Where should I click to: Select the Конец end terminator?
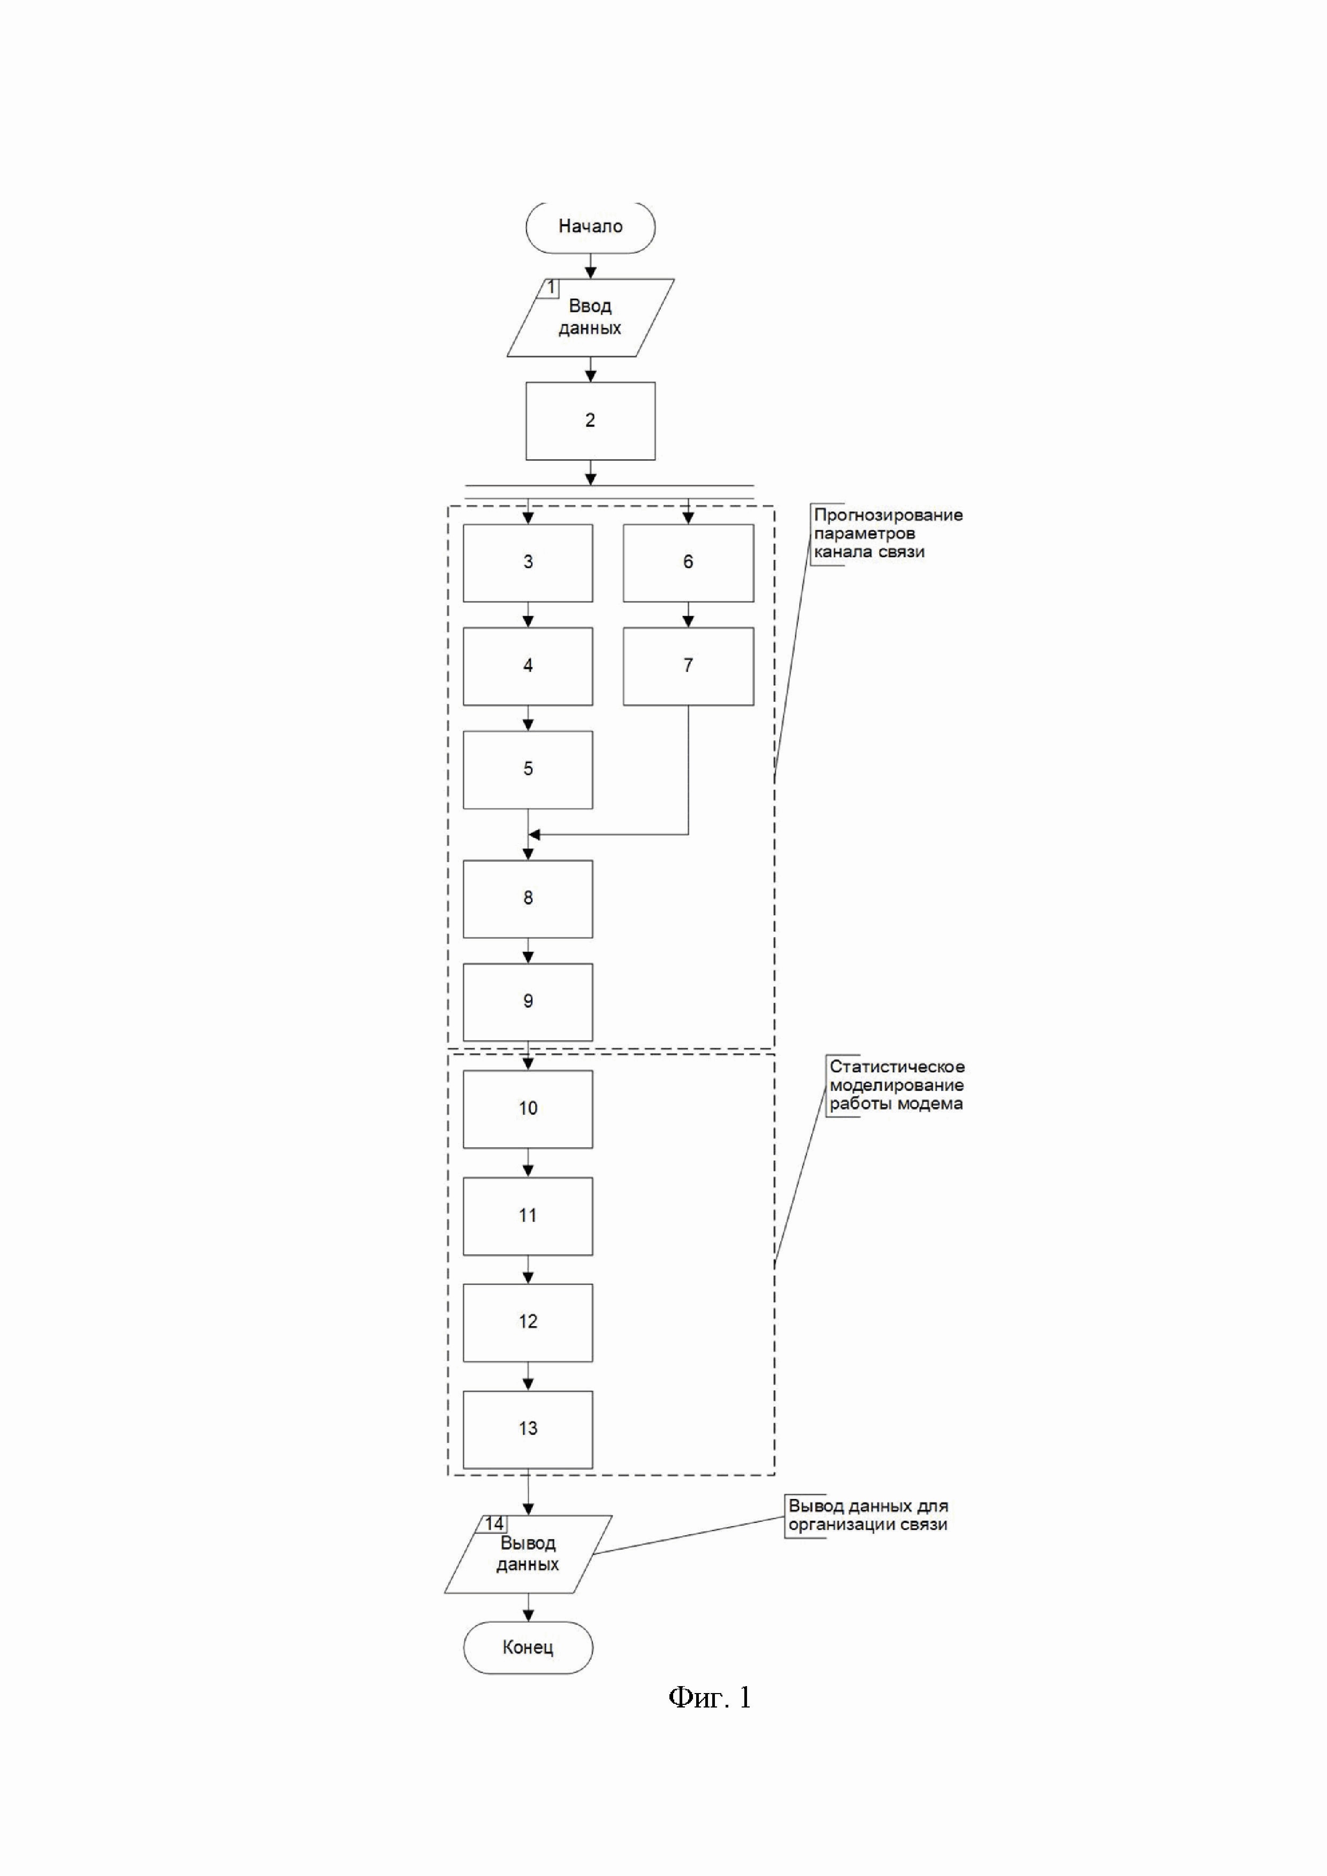click(x=528, y=1647)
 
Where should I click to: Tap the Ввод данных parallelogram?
click(x=590, y=318)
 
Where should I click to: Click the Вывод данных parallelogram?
click(x=528, y=1554)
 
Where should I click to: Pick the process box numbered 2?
click(x=590, y=421)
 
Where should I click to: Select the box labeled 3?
click(x=528, y=563)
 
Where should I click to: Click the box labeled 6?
click(x=688, y=563)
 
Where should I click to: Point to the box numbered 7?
click(x=688, y=666)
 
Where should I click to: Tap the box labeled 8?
click(x=528, y=899)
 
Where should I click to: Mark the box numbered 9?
click(x=528, y=1002)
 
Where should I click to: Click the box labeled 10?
click(x=528, y=1109)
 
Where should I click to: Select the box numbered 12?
click(x=528, y=1322)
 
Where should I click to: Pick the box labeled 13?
click(x=528, y=1429)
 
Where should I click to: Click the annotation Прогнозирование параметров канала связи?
click(x=887, y=533)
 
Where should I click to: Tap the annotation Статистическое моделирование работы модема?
click(x=896, y=1085)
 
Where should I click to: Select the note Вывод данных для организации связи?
click(x=868, y=1515)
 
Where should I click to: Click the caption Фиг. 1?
click(x=710, y=1698)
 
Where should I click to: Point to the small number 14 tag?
click(x=493, y=1524)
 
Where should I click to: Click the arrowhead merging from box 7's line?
click(x=535, y=834)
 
